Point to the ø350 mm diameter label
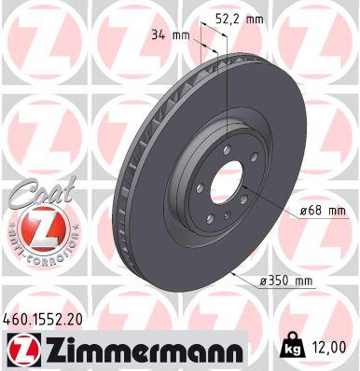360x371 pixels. [289, 281]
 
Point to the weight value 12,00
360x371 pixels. [331, 345]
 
